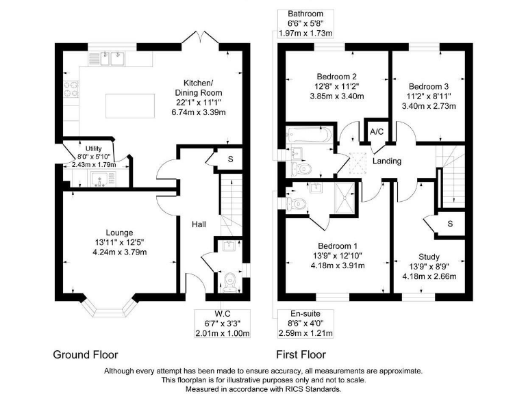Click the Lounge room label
tap(119, 233)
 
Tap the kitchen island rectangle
tap(130, 106)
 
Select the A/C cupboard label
tap(377, 131)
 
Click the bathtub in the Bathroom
tap(309, 135)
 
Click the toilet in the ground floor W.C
tap(230, 280)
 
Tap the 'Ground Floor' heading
tap(86, 354)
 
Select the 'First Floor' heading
tap(301, 354)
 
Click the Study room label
tap(429, 257)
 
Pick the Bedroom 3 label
tap(429, 86)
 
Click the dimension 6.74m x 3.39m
tap(199, 112)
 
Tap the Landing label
tap(387, 161)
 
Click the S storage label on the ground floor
tap(230, 159)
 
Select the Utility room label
tap(94, 148)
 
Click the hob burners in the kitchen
tap(71, 89)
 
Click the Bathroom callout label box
tap(305, 23)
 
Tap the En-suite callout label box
tap(305, 324)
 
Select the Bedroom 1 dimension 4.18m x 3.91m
tap(338, 265)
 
